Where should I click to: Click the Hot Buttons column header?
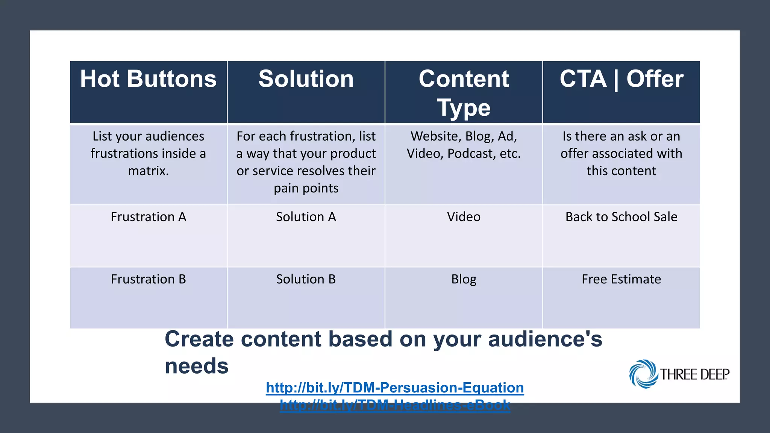coord(148,79)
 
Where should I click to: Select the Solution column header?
coord(306,79)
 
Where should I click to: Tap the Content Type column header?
coord(464,93)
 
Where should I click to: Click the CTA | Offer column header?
coord(621,79)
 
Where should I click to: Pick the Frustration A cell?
coord(148,217)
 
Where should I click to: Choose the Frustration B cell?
coord(148,279)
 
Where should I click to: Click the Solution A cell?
coord(306,217)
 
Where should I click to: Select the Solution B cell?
coord(306,279)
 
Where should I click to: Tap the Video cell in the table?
coord(464,217)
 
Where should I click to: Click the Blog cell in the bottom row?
coord(464,279)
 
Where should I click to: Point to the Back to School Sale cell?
coord(621,217)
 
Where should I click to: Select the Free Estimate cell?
coord(621,279)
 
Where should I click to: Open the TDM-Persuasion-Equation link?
coord(395,388)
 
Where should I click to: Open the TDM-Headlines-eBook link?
coord(395,405)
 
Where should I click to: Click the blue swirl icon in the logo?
coord(643,374)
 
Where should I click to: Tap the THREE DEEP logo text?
coord(694,374)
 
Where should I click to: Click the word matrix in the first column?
coord(148,171)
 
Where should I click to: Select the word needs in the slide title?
coord(197,366)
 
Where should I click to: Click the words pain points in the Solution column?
coord(306,188)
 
